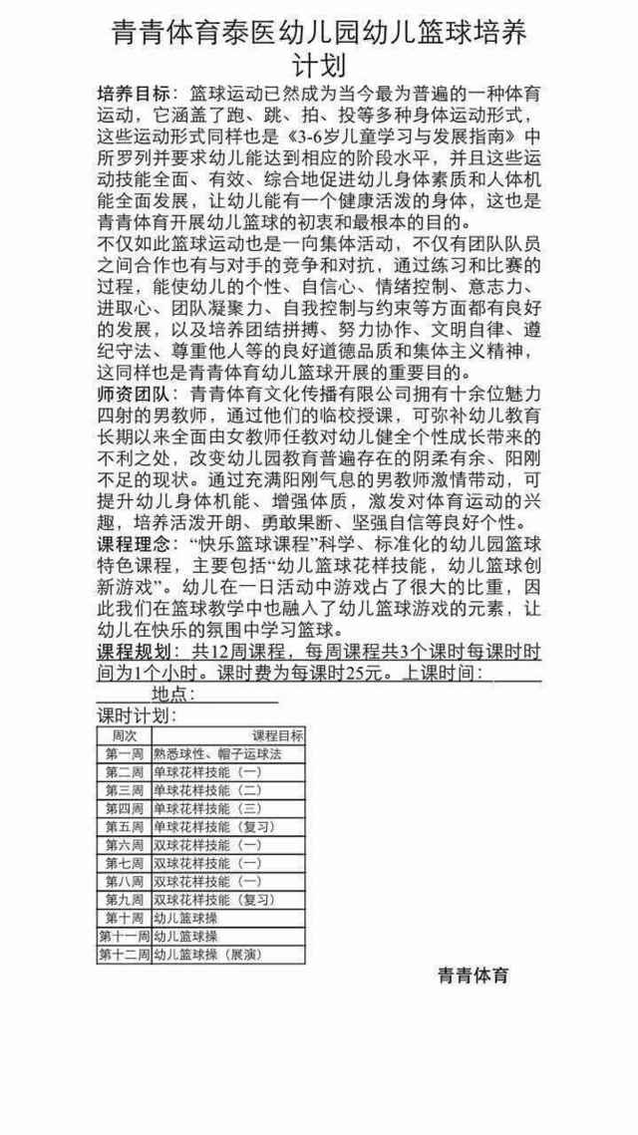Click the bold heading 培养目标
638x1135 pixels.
136,93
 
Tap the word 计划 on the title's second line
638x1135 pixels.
318,65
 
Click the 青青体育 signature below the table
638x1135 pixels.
474,975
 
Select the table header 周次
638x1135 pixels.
125,734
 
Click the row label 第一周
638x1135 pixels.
125,753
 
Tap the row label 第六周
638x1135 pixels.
125,845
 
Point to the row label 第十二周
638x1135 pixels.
124,955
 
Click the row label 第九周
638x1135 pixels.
125,900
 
